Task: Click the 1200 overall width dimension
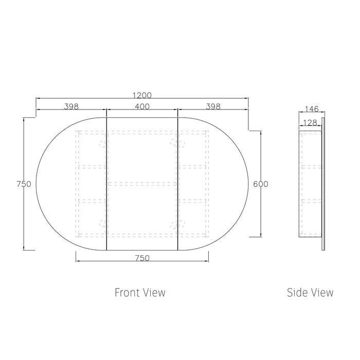tap(142, 95)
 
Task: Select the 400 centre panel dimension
tap(142, 106)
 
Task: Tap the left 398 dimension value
tap(71, 106)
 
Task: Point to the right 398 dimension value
tap(213, 106)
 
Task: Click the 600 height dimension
tap(261, 184)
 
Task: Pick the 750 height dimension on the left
tap(24, 184)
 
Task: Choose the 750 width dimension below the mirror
tap(142, 258)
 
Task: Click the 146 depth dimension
tap(312, 109)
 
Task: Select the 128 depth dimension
tap(310, 123)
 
